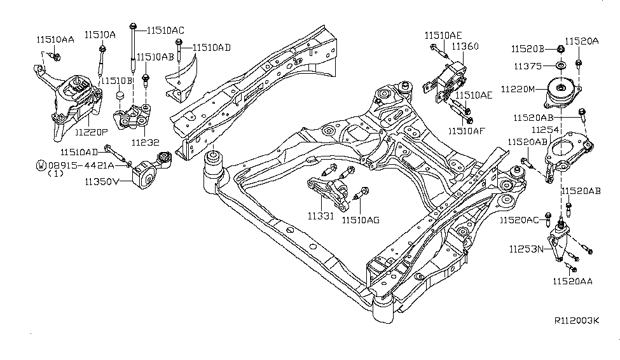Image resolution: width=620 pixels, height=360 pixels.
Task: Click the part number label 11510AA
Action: [x=55, y=39]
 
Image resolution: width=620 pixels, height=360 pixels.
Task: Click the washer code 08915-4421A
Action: [x=80, y=165]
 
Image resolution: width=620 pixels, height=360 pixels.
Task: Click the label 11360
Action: [x=465, y=46]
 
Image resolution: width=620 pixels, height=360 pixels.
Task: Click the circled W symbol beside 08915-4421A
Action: [x=41, y=165]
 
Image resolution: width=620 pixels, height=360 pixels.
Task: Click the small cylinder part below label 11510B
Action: [x=119, y=97]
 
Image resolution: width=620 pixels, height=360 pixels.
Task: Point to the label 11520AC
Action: [x=519, y=220]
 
